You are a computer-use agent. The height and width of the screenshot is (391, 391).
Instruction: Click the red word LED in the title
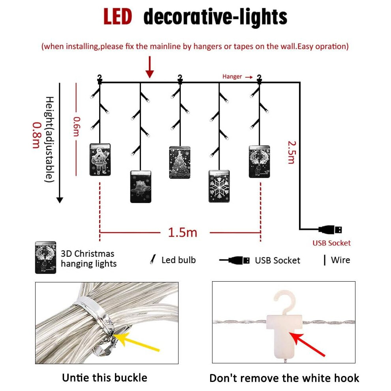[x=117, y=17]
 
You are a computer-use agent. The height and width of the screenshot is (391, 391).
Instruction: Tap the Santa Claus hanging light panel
[x=100, y=160]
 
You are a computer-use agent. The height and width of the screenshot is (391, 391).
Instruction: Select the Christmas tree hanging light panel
[x=180, y=162]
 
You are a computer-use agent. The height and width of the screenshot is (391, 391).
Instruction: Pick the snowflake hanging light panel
[x=219, y=186]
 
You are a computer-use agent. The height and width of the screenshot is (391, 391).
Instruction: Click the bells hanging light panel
[x=141, y=186]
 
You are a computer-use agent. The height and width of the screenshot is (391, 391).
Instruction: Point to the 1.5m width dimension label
[x=182, y=232]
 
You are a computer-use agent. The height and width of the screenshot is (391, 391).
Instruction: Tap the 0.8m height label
[x=36, y=135]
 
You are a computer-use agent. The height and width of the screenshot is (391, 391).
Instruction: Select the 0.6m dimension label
[x=77, y=127]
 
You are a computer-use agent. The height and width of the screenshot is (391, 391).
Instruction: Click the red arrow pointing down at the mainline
[x=150, y=67]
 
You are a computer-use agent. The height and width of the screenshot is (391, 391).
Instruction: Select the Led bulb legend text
[x=179, y=260]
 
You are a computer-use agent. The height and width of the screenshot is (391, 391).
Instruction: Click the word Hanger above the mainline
[x=232, y=77]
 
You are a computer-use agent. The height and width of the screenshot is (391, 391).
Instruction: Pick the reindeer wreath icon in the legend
[x=46, y=258]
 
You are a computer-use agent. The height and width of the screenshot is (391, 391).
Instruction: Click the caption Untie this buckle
[x=105, y=378]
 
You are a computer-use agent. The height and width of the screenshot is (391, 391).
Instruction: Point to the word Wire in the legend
[x=340, y=260]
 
